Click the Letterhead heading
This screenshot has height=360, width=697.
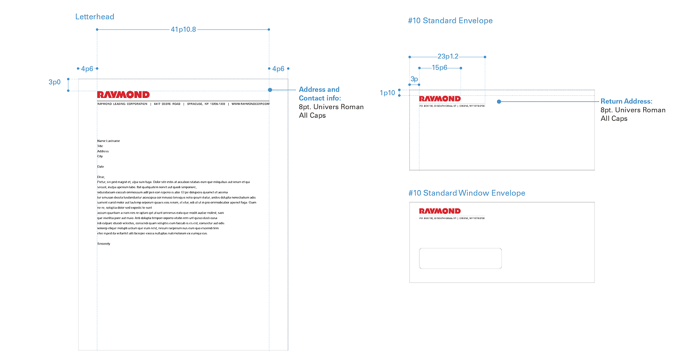95,17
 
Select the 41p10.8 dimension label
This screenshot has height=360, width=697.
184,30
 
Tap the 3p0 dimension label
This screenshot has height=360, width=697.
55,82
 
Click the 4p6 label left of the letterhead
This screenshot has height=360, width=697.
87,68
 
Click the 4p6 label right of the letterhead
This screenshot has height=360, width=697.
278,68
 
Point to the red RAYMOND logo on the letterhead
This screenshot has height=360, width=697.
123,95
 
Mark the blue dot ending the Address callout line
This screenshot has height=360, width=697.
270,90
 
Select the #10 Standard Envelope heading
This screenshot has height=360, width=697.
450,21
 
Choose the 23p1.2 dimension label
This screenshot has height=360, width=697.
447,56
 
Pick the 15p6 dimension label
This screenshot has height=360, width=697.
439,67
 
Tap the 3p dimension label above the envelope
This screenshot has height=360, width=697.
414,79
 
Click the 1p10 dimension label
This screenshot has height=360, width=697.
387,93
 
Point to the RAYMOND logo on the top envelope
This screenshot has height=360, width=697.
440,99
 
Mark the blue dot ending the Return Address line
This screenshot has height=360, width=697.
499,102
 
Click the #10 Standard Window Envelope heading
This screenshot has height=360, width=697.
467,193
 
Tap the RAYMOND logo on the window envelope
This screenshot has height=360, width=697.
440,211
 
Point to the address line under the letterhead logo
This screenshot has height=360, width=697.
183,103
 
